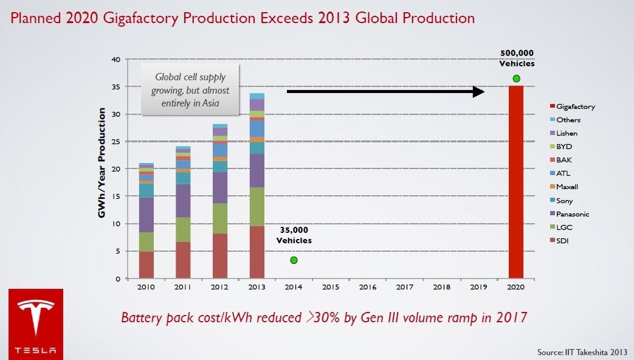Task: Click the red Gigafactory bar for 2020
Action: coord(516,182)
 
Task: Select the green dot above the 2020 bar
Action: coord(516,78)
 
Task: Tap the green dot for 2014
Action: coord(294,260)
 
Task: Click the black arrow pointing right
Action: coord(385,91)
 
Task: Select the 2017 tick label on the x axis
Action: coord(404,286)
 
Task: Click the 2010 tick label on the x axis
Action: coord(145,286)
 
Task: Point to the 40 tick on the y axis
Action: coord(115,60)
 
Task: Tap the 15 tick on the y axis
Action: coord(115,196)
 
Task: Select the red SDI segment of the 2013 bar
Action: coord(257,252)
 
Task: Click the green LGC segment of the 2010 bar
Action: coord(145,241)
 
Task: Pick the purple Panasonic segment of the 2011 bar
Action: coord(182,201)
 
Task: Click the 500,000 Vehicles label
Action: coord(517,58)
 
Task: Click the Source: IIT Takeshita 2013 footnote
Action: coord(582,352)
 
